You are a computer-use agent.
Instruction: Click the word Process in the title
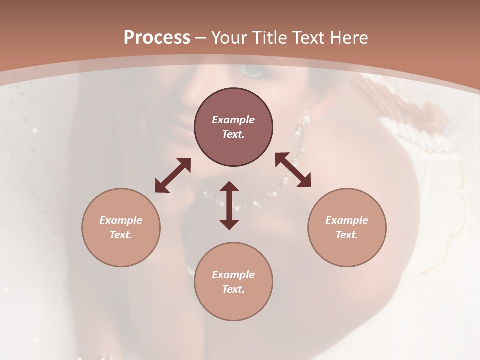click(x=157, y=38)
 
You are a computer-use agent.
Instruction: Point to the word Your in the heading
click(x=228, y=38)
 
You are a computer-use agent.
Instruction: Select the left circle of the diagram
click(x=121, y=227)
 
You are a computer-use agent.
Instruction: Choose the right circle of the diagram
click(x=347, y=227)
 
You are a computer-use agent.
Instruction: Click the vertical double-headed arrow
click(x=229, y=205)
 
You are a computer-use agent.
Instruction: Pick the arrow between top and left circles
click(x=173, y=175)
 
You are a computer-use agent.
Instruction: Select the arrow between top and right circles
click(x=293, y=170)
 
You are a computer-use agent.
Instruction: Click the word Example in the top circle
click(x=233, y=120)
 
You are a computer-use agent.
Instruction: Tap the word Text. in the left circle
click(x=121, y=235)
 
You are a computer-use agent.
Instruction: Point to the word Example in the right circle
click(x=347, y=220)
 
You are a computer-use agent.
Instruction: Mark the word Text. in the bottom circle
click(x=233, y=289)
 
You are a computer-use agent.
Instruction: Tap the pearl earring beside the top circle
click(x=305, y=120)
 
